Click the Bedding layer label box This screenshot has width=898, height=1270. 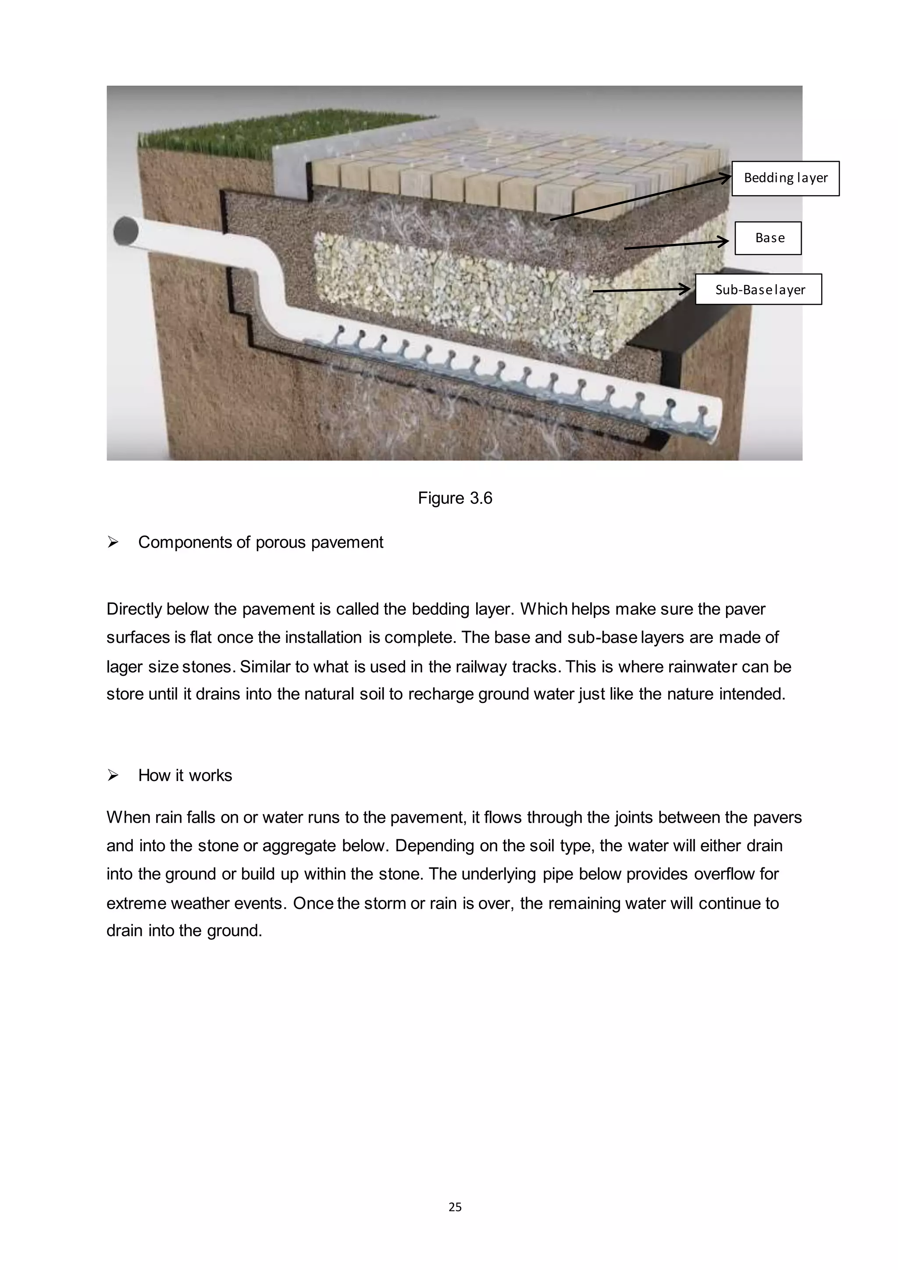(785, 178)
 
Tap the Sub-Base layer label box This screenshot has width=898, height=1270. (758, 289)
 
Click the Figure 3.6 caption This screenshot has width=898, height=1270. (455, 498)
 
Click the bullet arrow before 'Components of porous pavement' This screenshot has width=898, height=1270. (113, 542)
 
